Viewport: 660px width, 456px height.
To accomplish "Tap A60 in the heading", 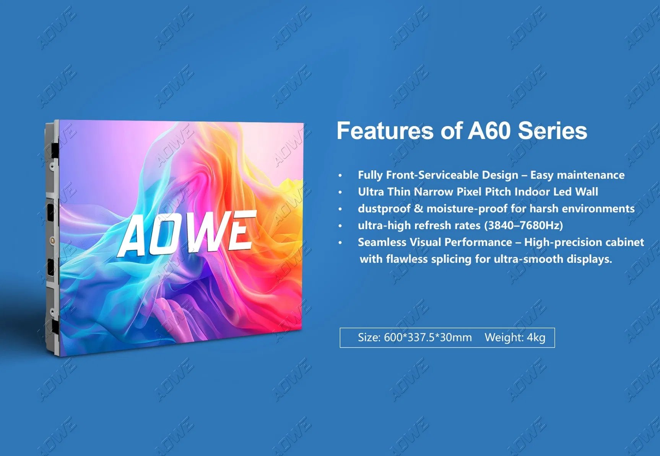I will [489, 131].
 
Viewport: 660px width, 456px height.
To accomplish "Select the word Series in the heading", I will [552, 131].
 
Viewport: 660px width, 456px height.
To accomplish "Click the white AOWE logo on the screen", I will [187, 234].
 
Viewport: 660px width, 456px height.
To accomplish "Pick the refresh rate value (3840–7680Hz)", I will [523, 225].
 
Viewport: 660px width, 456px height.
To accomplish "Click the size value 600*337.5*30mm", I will [428, 338].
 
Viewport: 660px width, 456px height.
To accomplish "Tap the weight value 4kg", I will [536, 338].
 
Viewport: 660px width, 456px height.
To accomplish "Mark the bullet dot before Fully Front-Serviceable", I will [340, 176].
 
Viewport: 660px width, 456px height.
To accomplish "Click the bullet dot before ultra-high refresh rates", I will [340, 226].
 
